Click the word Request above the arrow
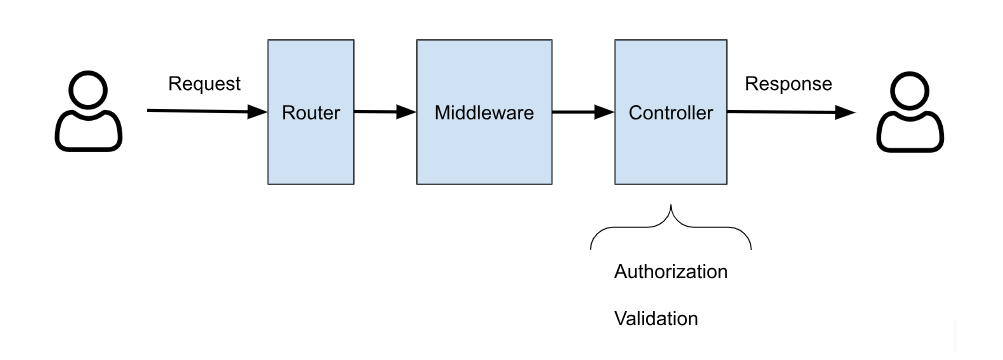[x=204, y=84]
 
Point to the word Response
[x=788, y=84]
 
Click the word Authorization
[x=670, y=271]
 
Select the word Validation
[x=655, y=319]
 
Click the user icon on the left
[x=88, y=111]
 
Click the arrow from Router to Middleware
[x=384, y=113]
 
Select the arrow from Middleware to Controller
[x=583, y=113]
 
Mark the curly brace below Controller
[x=670, y=227]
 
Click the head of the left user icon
[x=88, y=92]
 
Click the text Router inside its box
[x=311, y=113]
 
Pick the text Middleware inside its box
[x=484, y=113]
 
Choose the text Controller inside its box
[x=670, y=113]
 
